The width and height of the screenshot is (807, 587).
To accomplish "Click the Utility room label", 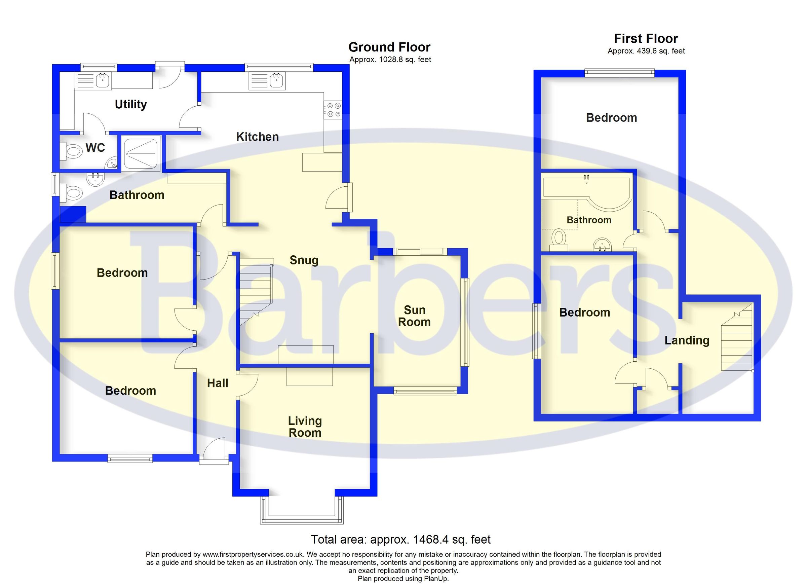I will click(x=130, y=104).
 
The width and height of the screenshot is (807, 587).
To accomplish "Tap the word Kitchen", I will click(x=257, y=137).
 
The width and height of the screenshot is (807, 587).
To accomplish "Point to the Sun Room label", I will click(x=414, y=316).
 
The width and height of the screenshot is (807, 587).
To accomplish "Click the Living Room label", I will click(x=305, y=427).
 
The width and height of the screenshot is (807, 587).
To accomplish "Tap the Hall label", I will click(x=218, y=383).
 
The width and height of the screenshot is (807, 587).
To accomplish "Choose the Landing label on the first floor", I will click(x=687, y=340).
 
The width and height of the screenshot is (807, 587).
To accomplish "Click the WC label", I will click(x=95, y=147).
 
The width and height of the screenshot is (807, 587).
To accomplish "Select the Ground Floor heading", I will click(x=389, y=47).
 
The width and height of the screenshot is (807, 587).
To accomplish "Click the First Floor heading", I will click(x=646, y=38).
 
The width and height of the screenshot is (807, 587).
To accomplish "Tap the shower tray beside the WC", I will click(x=141, y=153).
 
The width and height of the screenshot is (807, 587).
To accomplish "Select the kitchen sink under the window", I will click(x=267, y=80).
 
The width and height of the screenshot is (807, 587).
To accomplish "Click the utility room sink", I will click(x=93, y=80).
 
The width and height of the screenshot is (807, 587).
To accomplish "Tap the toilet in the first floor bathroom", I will click(x=559, y=238).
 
